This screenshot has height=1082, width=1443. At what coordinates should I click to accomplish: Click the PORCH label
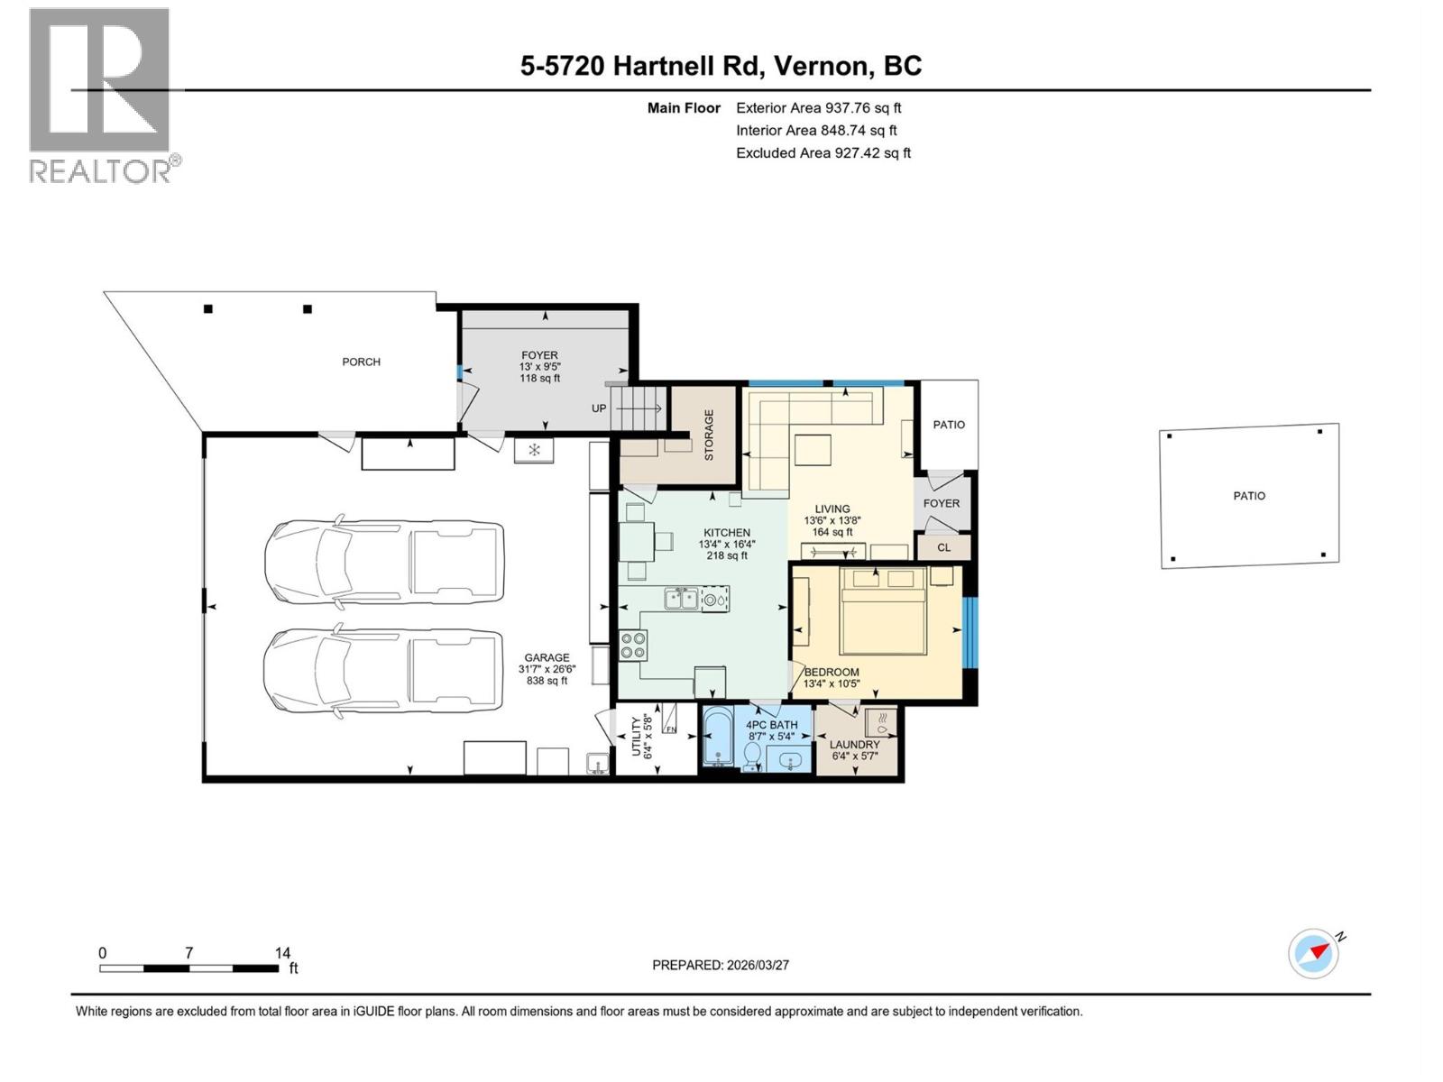361,362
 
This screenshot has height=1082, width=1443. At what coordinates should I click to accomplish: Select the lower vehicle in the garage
382,672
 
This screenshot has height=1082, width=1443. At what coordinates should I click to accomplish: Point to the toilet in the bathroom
752,757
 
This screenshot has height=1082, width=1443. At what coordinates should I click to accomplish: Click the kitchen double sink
681,598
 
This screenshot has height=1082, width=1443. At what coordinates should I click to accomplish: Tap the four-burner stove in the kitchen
633,644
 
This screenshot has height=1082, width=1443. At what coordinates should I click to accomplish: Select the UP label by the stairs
599,408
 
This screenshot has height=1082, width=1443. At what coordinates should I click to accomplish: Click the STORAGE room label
709,435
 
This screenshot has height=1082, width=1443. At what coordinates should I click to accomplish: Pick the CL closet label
943,547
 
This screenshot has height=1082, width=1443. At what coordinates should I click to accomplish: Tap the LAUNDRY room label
854,745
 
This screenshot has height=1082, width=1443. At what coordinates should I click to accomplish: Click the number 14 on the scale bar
282,953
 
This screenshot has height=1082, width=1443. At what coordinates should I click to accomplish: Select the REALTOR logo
102,95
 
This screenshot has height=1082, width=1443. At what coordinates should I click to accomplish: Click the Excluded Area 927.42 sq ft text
823,152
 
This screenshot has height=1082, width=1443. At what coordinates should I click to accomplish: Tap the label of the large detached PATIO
1249,496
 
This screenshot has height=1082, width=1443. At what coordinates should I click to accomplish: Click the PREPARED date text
721,965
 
